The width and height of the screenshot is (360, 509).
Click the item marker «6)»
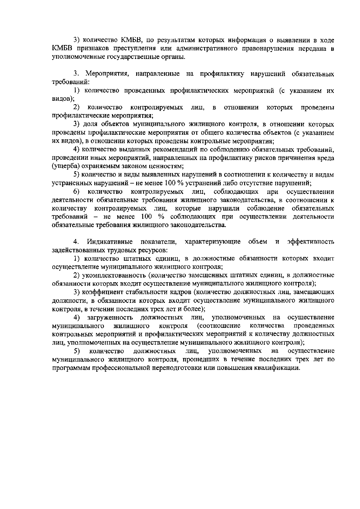pos(77,192)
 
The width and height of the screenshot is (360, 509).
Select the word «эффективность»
pos(310,242)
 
